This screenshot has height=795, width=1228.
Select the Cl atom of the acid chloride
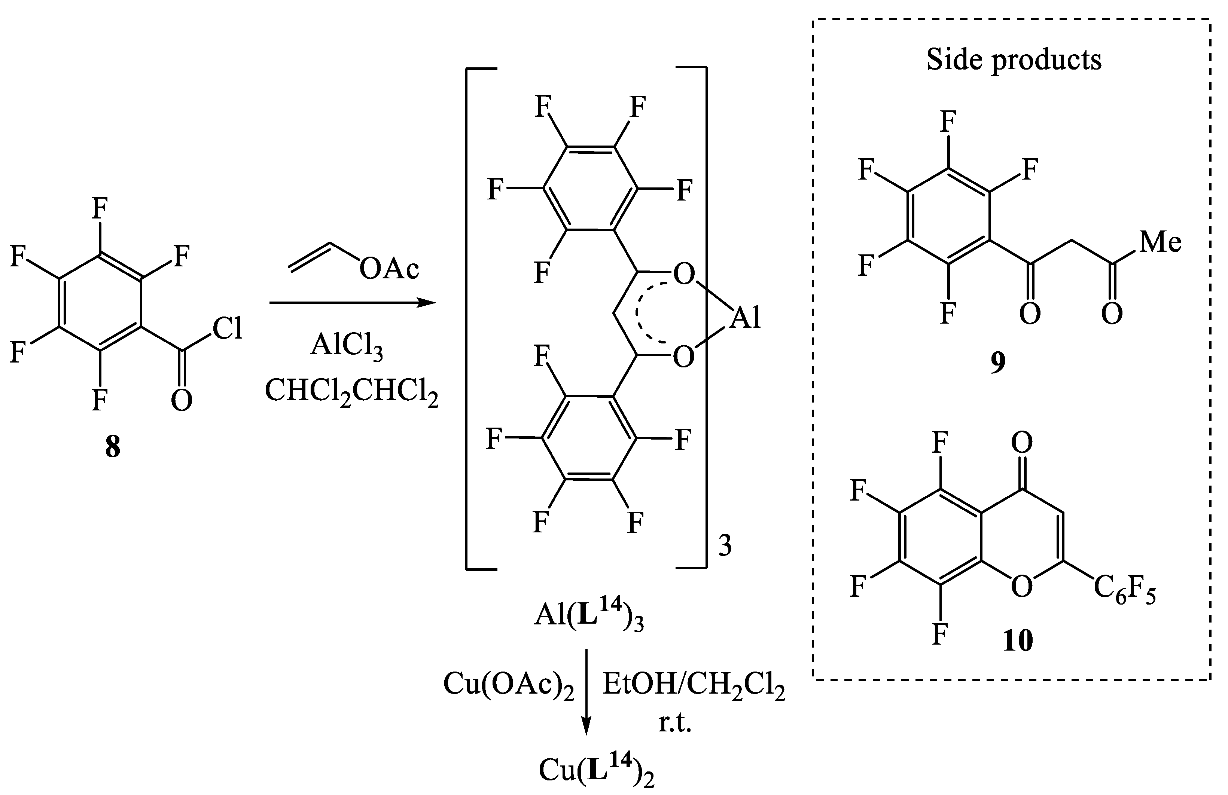click(228, 328)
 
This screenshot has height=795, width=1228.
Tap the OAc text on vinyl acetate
click(390, 269)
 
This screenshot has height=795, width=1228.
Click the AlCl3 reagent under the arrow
click(347, 346)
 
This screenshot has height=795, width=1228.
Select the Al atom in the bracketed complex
click(746, 318)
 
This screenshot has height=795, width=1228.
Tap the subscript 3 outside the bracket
click(725, 546)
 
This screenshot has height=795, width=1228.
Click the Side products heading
click(1014, 60)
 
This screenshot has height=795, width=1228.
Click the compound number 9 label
click(998, 363)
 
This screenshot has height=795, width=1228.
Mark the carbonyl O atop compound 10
click(1022, 441)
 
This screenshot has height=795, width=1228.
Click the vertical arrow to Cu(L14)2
click(586, 692)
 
